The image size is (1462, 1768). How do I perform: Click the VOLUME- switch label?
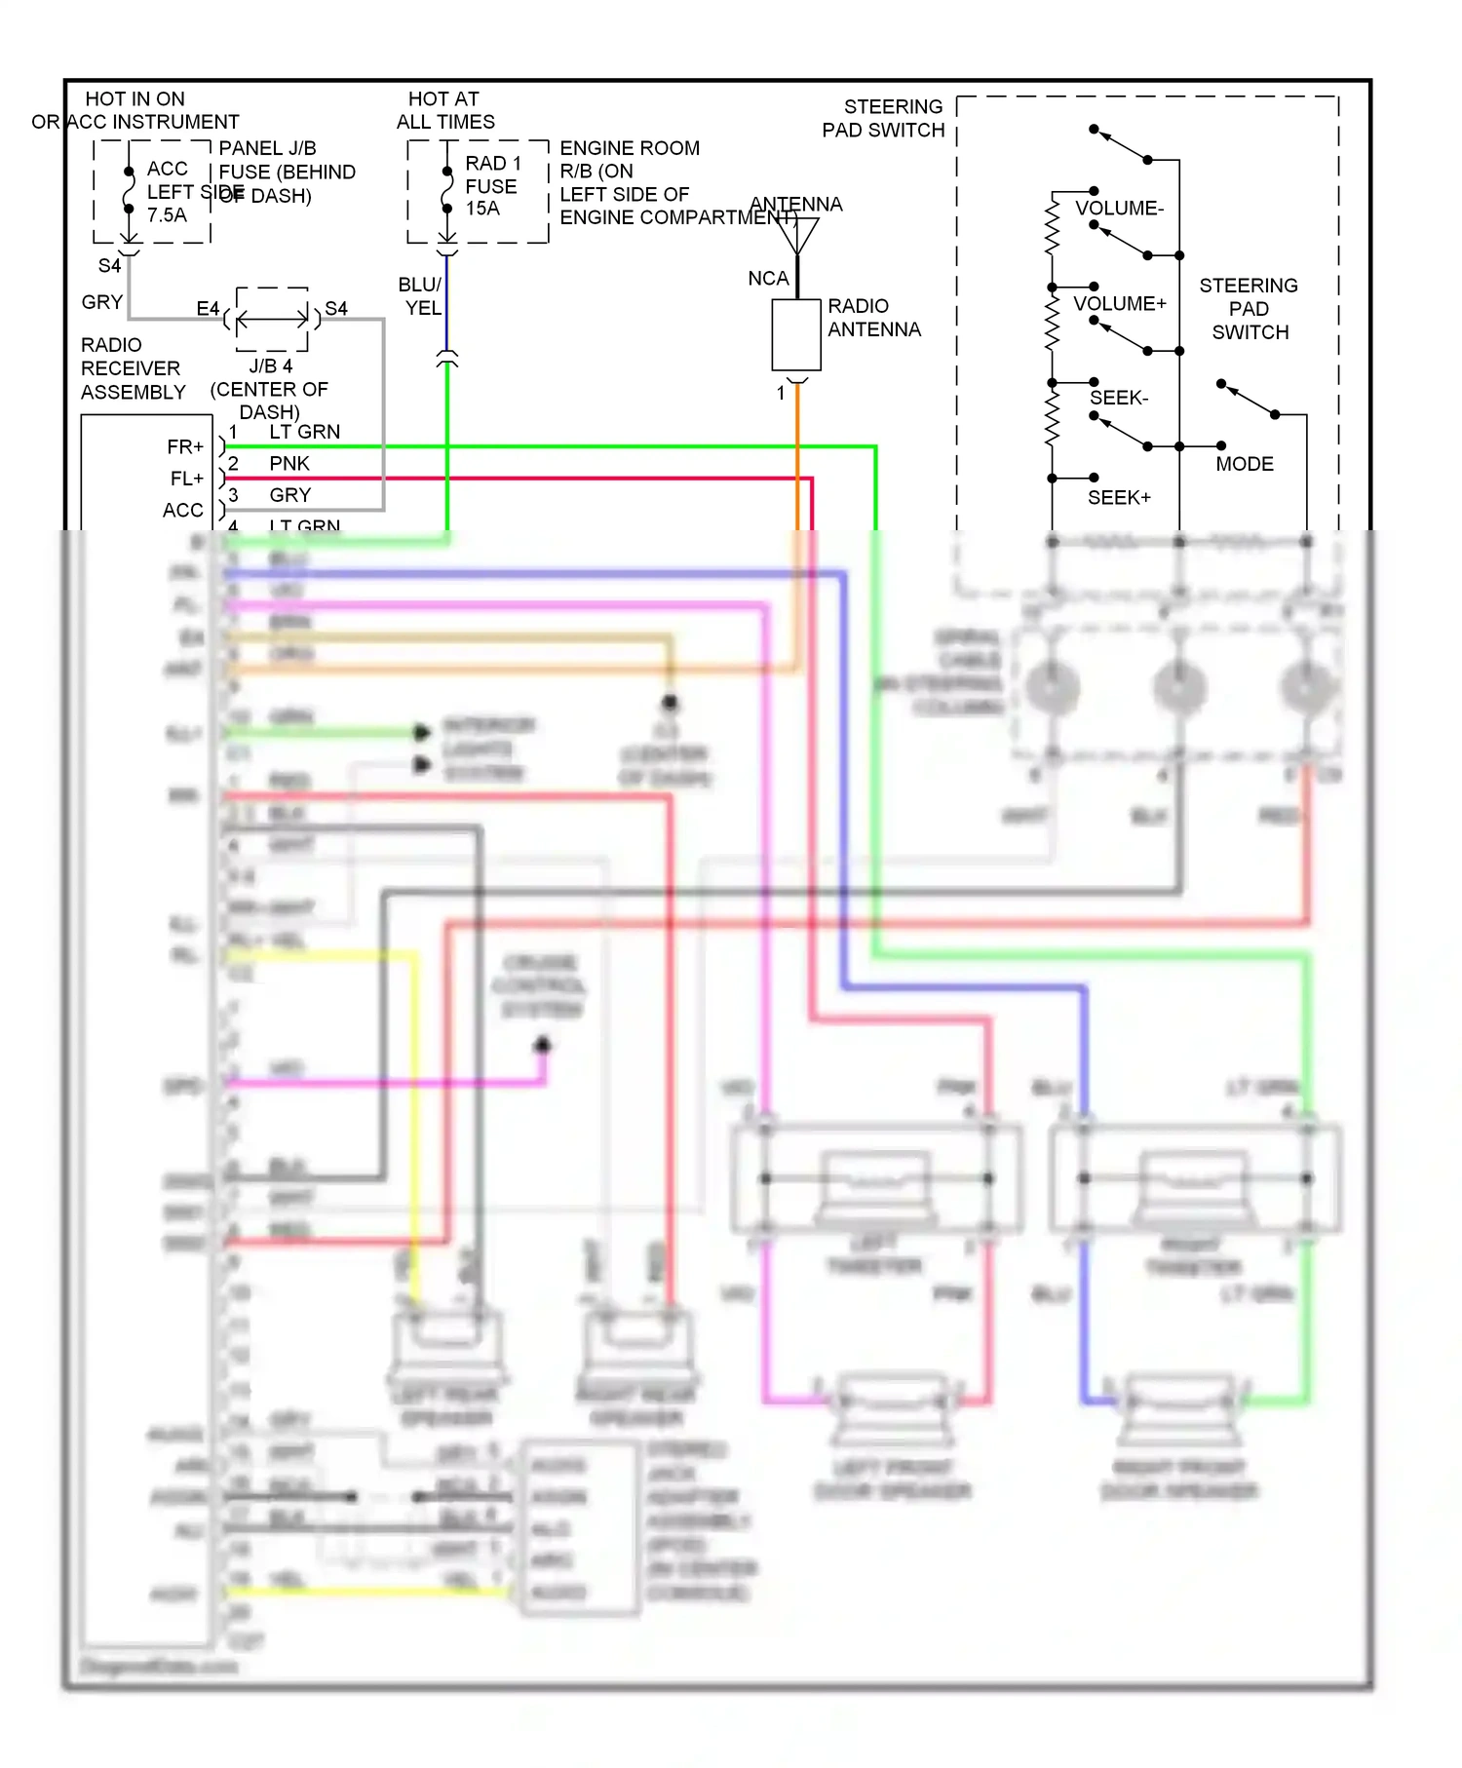1119,209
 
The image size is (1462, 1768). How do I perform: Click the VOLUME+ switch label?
1119,304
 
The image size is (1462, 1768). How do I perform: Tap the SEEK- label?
1119,398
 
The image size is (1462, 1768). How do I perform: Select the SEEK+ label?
1119,498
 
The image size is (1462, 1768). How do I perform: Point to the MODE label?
1245,464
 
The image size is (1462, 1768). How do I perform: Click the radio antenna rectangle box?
796,334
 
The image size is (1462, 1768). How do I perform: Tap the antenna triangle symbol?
797,235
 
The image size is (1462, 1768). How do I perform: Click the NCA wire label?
768,279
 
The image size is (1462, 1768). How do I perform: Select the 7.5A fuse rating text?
167,215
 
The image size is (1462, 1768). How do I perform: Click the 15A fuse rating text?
482,209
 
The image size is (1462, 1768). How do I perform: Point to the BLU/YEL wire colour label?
421,296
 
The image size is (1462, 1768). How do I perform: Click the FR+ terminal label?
185,447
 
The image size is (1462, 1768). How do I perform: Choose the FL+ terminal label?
186,479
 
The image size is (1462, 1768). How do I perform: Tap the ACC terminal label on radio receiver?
183,511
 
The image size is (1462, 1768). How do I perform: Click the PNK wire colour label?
289,464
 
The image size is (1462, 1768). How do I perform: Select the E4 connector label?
208,309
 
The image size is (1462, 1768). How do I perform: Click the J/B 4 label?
270,366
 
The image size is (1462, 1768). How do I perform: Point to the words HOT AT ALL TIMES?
444,110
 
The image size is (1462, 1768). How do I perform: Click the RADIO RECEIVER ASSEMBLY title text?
132,368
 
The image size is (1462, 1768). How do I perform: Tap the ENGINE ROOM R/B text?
629,159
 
